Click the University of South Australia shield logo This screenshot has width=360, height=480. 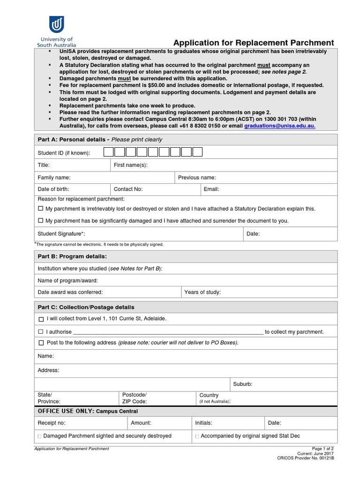tap(56, 24)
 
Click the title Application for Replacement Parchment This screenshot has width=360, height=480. tap(254, 42)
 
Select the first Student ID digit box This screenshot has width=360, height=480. tap(108, 152)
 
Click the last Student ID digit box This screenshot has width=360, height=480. tap(197, 152)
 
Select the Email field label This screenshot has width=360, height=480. tap(211, 189)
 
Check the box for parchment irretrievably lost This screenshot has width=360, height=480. tap(40, 209)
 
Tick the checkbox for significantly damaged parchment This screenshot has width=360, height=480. tap(40, 220)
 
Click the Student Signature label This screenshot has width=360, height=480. tap(61, 233)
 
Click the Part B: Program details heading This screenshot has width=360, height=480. tap(72, 256)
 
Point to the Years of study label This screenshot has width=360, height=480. tap(202, 292)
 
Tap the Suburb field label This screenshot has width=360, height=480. tap(243, 384)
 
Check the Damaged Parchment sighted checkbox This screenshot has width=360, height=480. tap(39, 436)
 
